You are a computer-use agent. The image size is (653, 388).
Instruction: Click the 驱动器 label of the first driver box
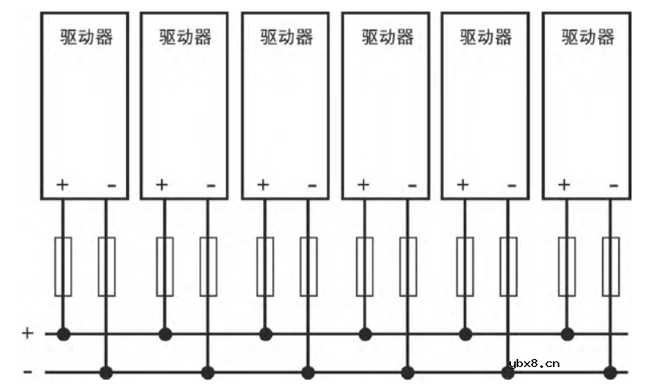point(86,37)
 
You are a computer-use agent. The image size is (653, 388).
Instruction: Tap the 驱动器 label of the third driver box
point(287,37)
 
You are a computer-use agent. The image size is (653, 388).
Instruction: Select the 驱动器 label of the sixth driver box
point(588,37)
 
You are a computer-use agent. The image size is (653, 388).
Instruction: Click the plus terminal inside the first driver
point(63,185)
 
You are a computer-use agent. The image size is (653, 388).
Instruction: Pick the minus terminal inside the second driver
point(211,186)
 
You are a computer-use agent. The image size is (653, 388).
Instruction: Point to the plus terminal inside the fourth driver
point(363,185)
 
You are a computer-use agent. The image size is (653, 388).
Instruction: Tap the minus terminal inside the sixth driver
point(613,186)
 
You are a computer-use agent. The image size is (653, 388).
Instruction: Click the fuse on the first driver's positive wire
point(63,266)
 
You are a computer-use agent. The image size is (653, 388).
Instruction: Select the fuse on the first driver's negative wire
point(107,266)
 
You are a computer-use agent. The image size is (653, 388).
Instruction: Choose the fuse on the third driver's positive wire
point(265,266)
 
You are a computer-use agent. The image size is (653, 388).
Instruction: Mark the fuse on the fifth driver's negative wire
point(509,266)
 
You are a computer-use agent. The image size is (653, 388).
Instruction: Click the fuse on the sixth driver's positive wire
point(567,266)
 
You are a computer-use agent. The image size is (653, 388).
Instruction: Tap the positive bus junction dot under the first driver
point(64,333)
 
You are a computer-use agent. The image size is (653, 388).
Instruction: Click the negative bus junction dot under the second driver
point(207,372)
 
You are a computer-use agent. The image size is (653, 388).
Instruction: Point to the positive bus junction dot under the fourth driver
point(365,333)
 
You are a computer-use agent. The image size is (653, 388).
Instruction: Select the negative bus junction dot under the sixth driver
point(610,372)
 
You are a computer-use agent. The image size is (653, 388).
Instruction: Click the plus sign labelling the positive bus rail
point(27,332)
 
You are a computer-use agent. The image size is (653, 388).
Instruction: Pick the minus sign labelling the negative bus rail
point(27,372)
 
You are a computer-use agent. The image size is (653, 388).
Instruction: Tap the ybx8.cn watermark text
point(530,363)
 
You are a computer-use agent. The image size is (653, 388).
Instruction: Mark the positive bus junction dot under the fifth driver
point(465,333)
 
